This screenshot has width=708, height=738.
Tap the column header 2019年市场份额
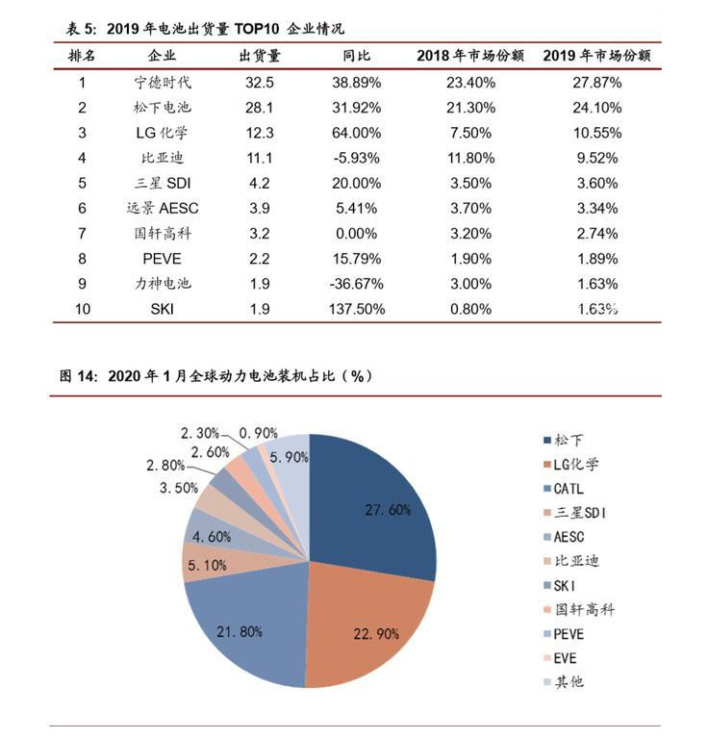(x=596, y=56)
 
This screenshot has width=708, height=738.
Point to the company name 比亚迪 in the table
(x=164, y=158)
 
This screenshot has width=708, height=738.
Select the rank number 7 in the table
(x=83, y=234)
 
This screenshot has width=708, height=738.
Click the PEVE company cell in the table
(x=164, y=259)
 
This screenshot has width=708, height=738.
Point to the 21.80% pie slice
(x=245, y=616)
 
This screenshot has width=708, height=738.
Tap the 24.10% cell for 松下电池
(x=596, y=108)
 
